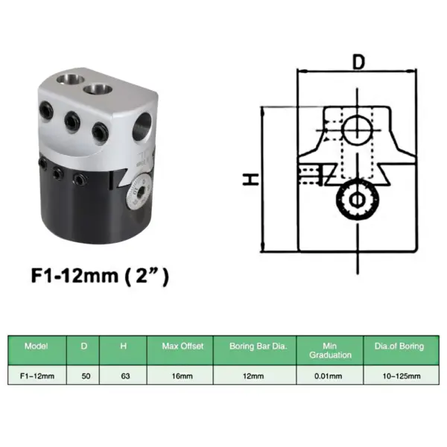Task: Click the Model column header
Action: (37, 346)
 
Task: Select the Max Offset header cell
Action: (179, 346)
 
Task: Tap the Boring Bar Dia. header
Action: (254, 346)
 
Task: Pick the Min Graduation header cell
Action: (329, 350)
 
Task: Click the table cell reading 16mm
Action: (179, 376)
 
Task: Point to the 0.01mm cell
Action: (329, 376)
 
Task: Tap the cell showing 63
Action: (125, 376)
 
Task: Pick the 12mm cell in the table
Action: (254, 376)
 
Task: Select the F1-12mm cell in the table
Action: (37, 376)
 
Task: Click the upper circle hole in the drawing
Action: (358, 128)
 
